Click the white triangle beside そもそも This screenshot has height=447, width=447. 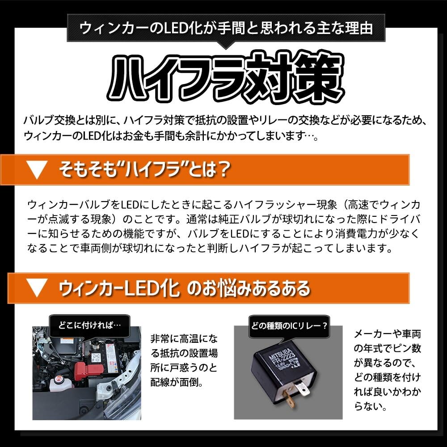pos(37,170)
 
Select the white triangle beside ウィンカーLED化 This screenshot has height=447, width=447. pos(37,288)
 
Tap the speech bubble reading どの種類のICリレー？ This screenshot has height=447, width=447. pos(289,326)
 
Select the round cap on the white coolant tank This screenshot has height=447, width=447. pos(59,379)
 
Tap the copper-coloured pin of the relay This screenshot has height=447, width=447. pos(289,399)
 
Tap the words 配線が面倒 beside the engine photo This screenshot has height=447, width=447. pos(173,382)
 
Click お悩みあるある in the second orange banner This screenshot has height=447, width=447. pos(249,288)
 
